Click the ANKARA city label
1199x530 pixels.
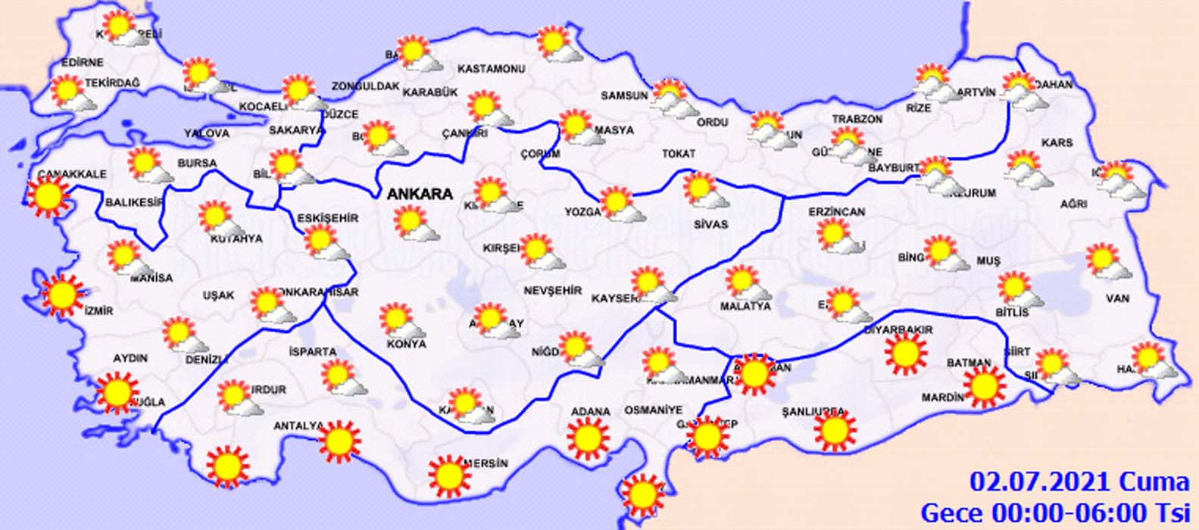click(x=420, y=194)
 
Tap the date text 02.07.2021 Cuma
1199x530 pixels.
click(x=1079, y=482)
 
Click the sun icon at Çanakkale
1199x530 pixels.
click(x=48, y=196)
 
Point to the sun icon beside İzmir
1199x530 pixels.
click(x=62, y=295)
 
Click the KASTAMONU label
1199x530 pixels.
click(x=492, y=69)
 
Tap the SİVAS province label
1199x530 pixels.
click(x=710, y=224)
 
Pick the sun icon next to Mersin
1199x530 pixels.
click(x=449, y=475)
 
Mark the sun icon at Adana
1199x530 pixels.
click(x=589, y=438)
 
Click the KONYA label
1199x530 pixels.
click(x=406, y=344)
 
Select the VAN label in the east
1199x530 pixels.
click(x=1118, y=298)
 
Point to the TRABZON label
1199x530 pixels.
click(x=857, y=120)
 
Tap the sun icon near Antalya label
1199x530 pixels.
click(x=339, y=440)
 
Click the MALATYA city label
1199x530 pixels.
click(x=745, y=306)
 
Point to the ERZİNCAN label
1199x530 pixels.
click(x=836, y=212)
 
